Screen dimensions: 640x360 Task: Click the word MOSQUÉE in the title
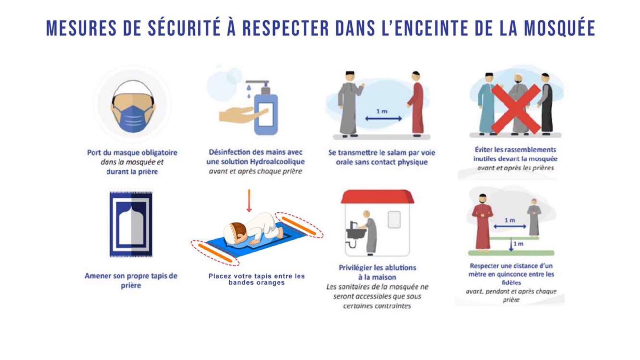click(x=560, y=28)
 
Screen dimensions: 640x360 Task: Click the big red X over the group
click(x=515, y=108)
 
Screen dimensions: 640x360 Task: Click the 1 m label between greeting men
click(x=382, y=111)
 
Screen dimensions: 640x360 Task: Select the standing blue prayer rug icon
click(x=131, y=224)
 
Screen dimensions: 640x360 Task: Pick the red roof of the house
click(x=377, y=197)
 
